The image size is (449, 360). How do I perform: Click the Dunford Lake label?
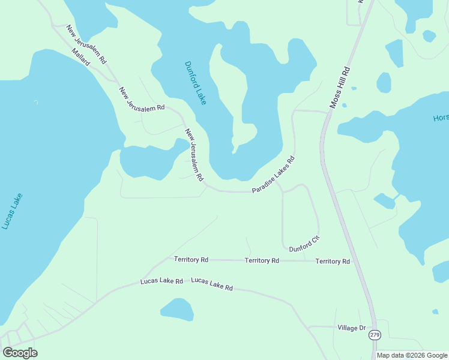[195, 83]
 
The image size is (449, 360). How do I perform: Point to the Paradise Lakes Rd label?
[274, 175]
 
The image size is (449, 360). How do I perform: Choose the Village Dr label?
[351, 328]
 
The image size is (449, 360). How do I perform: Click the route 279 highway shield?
[375, 335]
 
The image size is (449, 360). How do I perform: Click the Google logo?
[20, 353]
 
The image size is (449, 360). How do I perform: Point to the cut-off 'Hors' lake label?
[440, 118]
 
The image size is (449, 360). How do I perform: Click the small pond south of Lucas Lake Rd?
[177, 310]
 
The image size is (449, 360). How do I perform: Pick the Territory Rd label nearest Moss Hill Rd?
[333, 262]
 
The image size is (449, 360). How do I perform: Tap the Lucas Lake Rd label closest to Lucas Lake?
[161, 281]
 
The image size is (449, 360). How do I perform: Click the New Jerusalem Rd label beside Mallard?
[86, 44]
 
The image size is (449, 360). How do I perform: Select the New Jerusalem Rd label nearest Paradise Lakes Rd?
[194, 155]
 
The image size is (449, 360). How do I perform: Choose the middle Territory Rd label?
[262, 260]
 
